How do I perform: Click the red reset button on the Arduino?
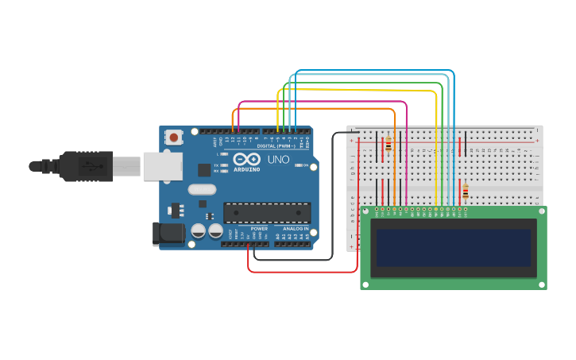click(x=174, y=137)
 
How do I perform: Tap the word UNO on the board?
click(x=279, y=160)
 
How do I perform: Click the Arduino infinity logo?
click(x=246, y=159)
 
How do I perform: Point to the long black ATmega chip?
click(x=267, y=212)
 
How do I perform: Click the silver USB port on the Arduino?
click(x=163, y=166)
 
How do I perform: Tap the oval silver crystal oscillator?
click(x=202, y=189)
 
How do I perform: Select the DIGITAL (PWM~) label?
click(x=276, y=146)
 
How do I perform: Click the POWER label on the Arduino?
click(x=259, y=228)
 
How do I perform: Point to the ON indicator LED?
click(x=296, y=165)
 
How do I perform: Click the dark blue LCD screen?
click(x=453, y=248)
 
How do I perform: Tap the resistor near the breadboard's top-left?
click(x=389, y=145)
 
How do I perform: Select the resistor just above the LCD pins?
click(x=466, y=191)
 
